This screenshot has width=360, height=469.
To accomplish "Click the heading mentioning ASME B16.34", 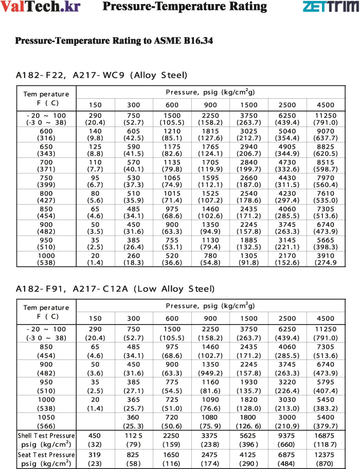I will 114,40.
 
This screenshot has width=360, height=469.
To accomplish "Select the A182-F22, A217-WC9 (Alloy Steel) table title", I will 102,75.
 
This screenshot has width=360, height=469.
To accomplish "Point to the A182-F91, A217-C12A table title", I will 115,289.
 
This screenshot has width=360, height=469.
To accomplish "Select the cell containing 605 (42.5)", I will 134,135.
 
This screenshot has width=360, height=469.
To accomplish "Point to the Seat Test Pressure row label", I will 46,458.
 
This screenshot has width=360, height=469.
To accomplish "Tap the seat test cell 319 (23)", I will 95,458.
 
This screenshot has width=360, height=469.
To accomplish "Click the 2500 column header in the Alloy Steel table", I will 286,105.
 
